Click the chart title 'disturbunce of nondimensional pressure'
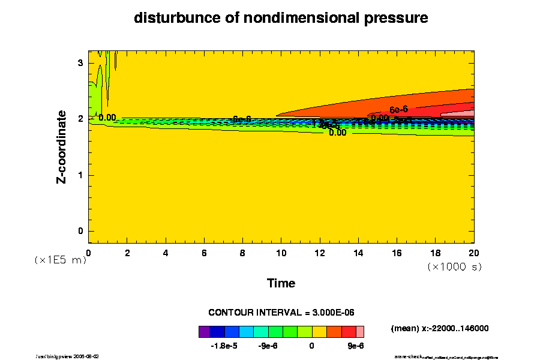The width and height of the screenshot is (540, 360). [281, 18]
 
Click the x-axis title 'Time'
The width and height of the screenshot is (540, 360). [281, 283]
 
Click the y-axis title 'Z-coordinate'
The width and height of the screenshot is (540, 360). [62, 146]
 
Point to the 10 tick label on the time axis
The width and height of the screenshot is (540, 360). [281, 253]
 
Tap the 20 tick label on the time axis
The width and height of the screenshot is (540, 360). [473, 253]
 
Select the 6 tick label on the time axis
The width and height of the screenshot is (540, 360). [204, 253]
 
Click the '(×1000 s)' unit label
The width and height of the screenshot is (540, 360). [454, 266]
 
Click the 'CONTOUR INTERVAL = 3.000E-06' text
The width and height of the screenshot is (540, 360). [281, 313]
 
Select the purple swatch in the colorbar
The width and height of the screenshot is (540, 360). [204, 331]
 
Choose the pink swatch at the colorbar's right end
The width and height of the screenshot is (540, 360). [360, 331]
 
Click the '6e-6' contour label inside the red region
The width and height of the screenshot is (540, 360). [399, 110]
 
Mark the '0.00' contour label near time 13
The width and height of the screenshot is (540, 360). [337, 133]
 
